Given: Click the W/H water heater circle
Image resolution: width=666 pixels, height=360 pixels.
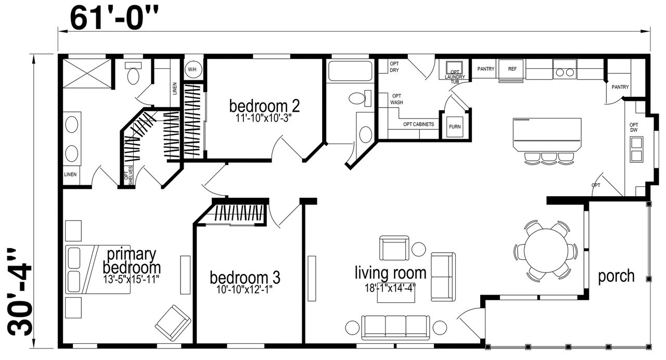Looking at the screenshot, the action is point(192,70).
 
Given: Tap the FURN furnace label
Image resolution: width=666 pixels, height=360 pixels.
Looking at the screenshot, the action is point(455,126).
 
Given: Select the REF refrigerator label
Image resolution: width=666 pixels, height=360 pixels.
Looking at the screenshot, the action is point(512,69).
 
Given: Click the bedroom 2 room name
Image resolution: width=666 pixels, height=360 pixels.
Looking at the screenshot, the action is point(264,106).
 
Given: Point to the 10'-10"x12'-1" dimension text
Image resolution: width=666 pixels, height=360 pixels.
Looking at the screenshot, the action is point(245,289).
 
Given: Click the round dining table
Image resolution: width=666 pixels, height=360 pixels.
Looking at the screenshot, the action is point(546,250).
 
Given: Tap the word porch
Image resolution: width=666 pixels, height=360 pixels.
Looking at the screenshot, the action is point(617,276).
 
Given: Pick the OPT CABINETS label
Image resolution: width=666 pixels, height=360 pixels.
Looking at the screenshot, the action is point(418,124).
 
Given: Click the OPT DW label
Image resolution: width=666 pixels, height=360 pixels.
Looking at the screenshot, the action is point(634,127).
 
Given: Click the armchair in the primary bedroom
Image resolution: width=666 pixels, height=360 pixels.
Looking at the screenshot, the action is point(173,323).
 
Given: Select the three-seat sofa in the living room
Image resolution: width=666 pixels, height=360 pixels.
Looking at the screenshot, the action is point(395,328).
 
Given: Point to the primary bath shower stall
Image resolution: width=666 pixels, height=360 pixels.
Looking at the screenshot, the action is point(87,73).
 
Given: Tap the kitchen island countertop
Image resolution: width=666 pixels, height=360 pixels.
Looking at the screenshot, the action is point(547,135).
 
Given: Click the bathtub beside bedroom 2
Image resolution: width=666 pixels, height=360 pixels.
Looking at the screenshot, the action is point(350,71).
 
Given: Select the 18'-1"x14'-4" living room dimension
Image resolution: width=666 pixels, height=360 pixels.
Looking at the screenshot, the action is point(390,288).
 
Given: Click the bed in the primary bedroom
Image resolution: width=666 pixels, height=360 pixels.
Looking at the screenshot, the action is point(98,269).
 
